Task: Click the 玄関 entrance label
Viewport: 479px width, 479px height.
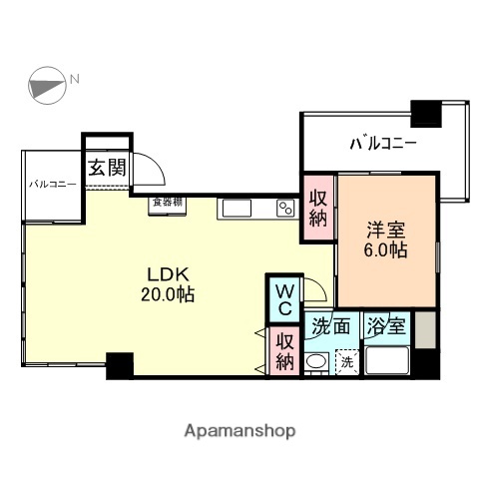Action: pyautogui.click(x=107, y=167)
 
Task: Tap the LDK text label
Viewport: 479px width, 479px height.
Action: pyautogui.click(x=169, y=274)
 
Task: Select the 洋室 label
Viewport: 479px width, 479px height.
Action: pyautogui.click(x=383, y=228)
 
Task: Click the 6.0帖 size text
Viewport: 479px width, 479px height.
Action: pyautogui.click(x=383, y=249)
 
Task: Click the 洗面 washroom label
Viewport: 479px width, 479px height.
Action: pyautogui.click(x=329, y=325)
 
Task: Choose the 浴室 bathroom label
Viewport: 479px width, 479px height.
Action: pyautogui.click(x=385, y=325)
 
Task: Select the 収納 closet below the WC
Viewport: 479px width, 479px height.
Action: pyautogui.click(x=285, y=350)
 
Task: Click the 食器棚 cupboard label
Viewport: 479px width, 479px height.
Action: pyautogui.click(x=167, y=203)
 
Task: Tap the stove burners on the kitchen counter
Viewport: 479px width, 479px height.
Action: pyautogui.click(x=285, y=208)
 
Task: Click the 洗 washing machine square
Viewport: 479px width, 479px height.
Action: pyautogui.click(x=345, y=361)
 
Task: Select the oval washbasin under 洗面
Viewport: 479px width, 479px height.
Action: pyautogui.click(x=316, y=361)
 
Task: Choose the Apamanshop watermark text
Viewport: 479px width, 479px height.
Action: pyautogui.click(x=239, y=430)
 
